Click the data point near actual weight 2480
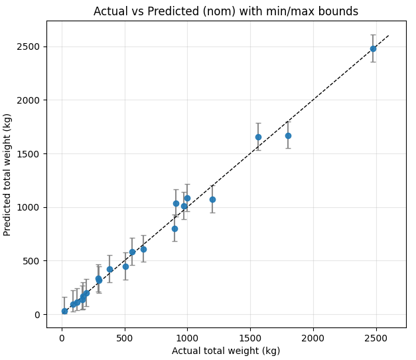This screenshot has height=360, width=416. point(373,48)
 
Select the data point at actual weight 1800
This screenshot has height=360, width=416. point(288,135)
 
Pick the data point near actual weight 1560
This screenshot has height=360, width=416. point(258,137)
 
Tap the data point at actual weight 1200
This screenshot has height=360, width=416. point(212,199)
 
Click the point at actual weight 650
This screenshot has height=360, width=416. point(143,249)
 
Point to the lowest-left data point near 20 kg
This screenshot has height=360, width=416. point(64,311)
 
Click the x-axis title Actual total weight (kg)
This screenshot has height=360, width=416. point(226,351)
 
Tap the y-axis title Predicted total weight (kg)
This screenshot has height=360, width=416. point(8,174)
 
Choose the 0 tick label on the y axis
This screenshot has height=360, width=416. point(38,314)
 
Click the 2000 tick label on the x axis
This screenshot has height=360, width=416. point(312,337)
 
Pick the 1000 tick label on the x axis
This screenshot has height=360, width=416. point(187,337)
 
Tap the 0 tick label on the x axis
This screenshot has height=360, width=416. point(62,337)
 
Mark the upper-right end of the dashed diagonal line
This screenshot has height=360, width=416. point(389,36)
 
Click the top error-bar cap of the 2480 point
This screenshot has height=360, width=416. point(373,35)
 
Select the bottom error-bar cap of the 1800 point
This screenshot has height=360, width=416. point(288,148)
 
